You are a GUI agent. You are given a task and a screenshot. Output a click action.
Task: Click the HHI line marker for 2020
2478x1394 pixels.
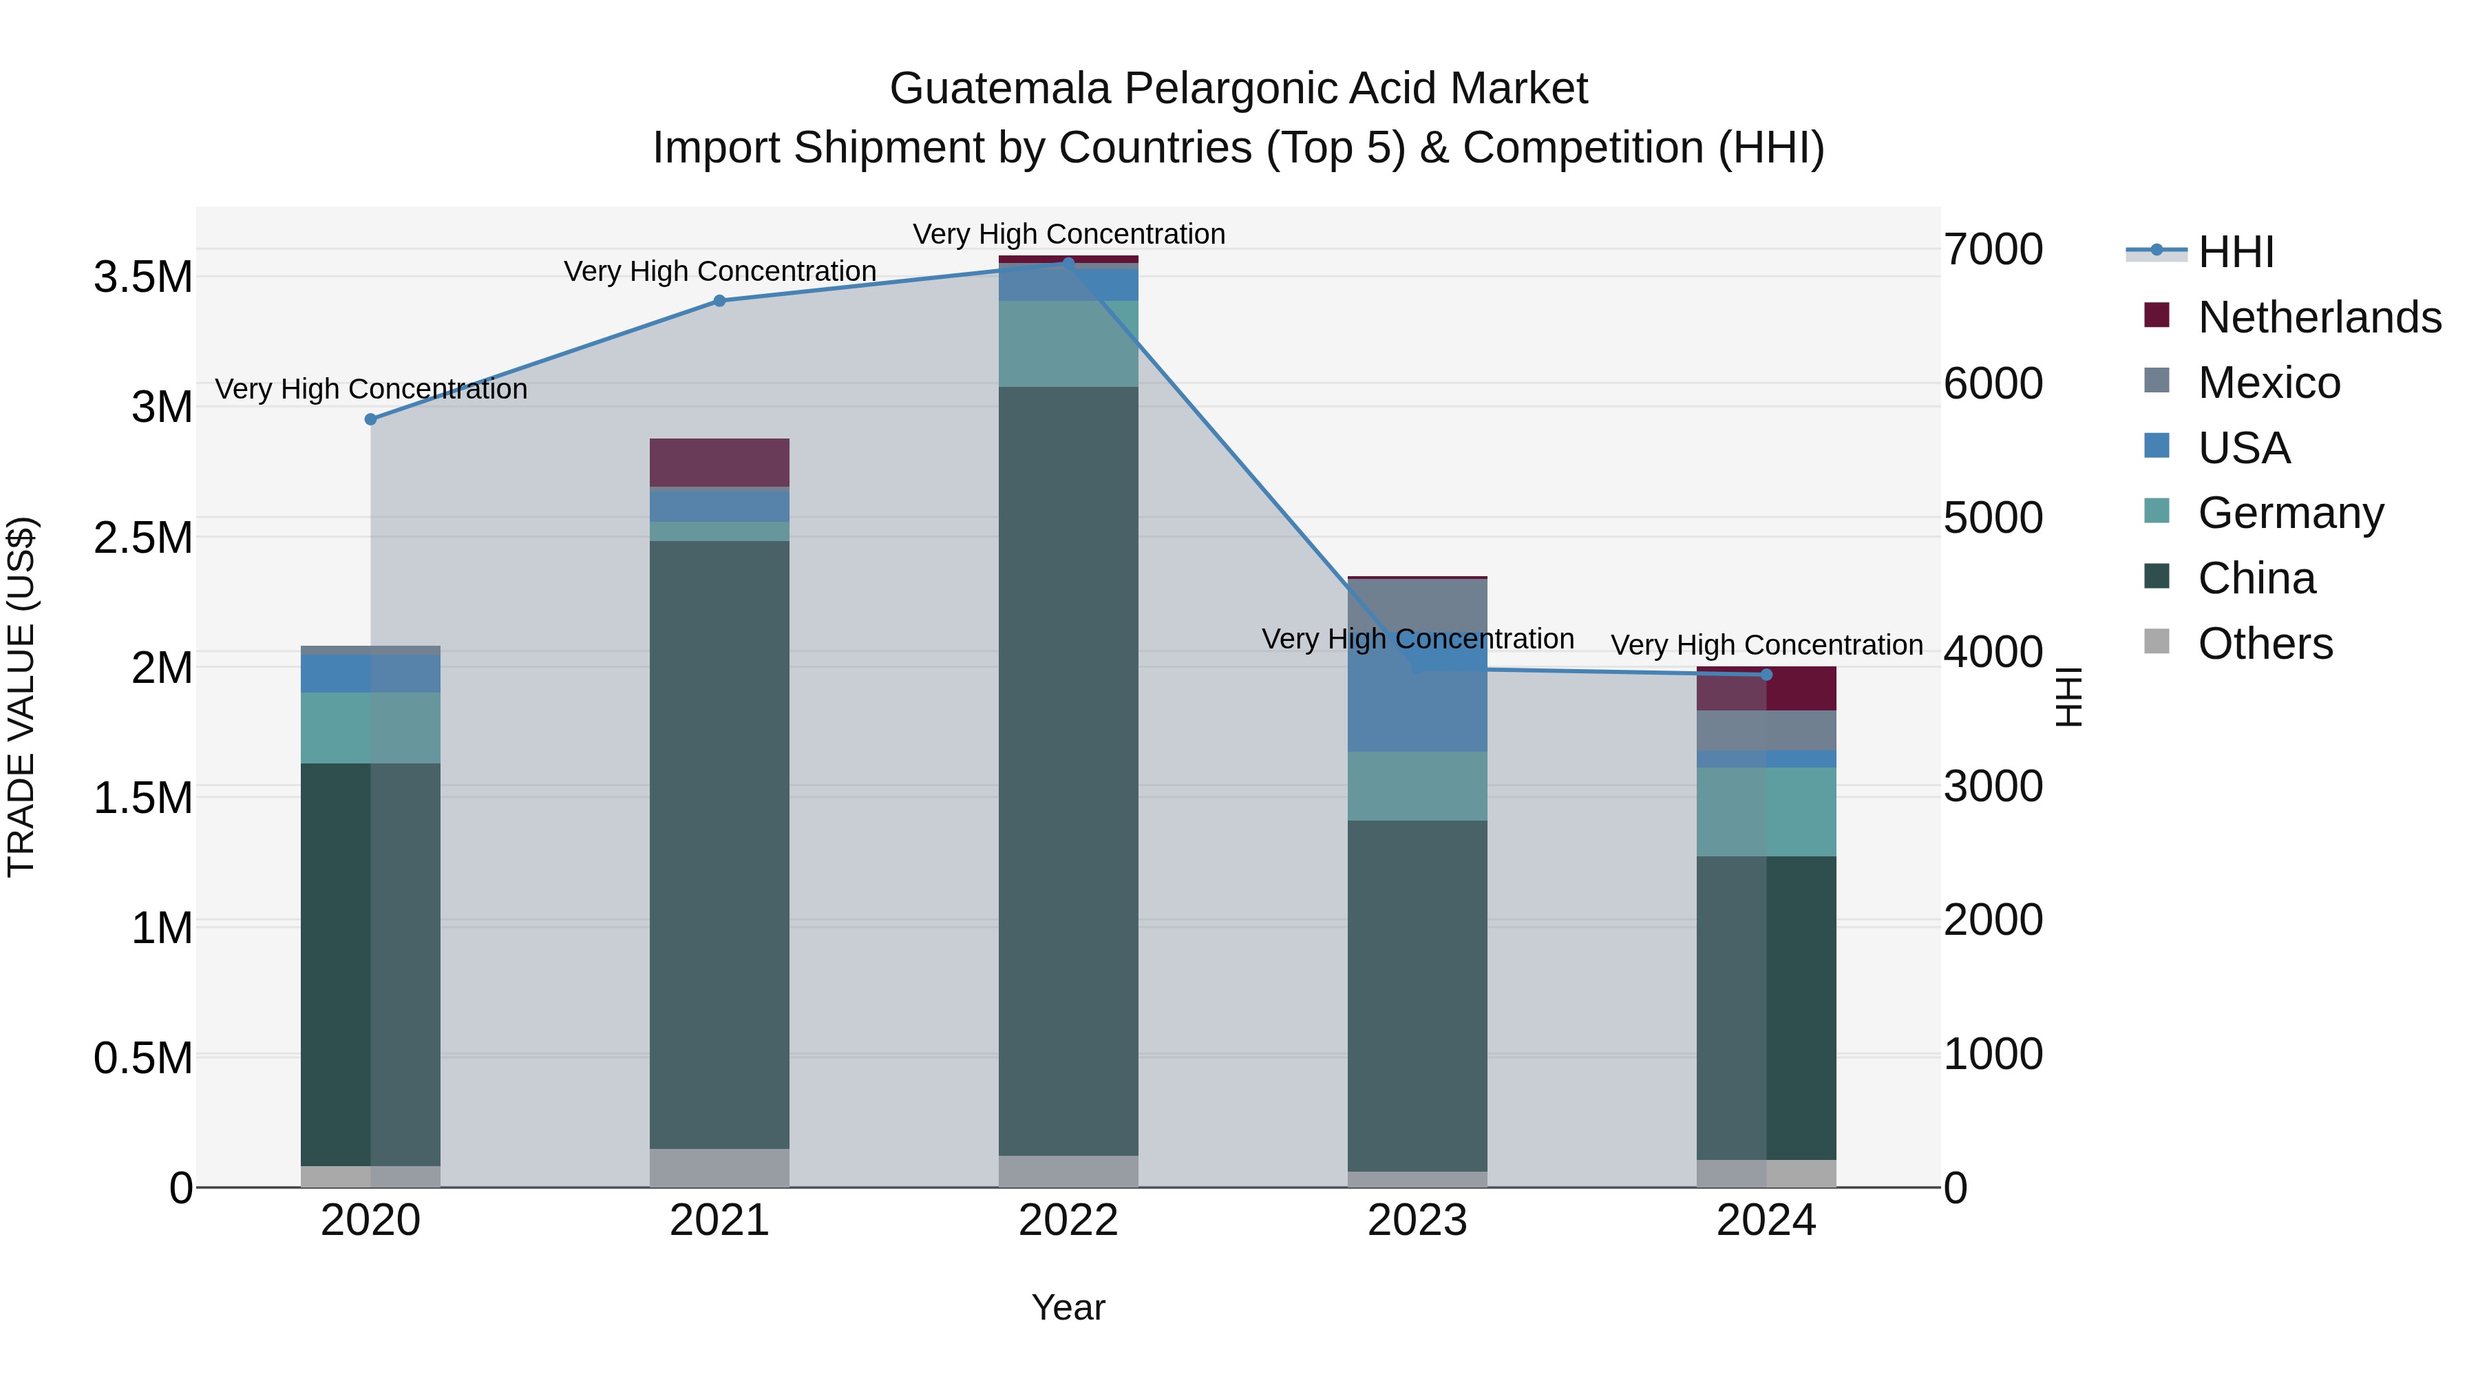[x=370, y=419]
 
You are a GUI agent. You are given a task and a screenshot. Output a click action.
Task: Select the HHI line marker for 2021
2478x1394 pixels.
[x=719, y=300]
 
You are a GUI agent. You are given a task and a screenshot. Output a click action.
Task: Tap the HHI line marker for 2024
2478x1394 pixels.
[x=1766, y=675]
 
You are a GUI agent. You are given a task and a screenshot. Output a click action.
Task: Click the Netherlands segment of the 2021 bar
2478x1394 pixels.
[x=719, y=463]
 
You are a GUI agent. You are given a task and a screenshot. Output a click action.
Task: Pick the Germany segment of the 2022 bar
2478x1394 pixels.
[x=1068, y=344]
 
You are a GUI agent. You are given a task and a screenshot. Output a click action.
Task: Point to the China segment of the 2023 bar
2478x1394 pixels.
[x=1417, y=995]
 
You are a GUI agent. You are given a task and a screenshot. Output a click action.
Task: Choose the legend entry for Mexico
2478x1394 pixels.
[x=2268, y=383]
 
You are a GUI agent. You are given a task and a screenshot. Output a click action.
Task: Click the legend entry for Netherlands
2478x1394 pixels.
[x=2318, y=317]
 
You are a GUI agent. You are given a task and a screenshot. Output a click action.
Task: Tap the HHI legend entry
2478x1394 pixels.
[x=2236, y=252]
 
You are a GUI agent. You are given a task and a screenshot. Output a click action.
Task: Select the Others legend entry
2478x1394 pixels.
[x=2265, y=644]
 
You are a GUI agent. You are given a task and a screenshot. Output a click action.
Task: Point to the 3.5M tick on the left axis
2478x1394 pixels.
[x=143, y=277]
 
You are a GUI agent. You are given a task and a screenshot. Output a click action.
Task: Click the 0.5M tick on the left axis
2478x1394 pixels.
[x=143, y=1058]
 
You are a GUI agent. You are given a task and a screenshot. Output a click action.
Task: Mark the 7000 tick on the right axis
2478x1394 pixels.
[x=1992, y=249]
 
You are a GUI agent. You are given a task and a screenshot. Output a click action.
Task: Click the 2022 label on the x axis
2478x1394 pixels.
[x=1068, y=1221]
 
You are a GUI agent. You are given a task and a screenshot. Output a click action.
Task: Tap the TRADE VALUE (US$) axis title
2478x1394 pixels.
[x=21, y=697]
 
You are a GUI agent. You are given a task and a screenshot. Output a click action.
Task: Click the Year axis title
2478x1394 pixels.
[x=1068, y=1307]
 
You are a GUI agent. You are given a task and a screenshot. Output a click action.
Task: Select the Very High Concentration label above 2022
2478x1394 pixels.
[x=1068, y=234]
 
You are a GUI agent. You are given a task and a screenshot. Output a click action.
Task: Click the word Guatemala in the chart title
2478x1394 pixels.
[x=999, y=89]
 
